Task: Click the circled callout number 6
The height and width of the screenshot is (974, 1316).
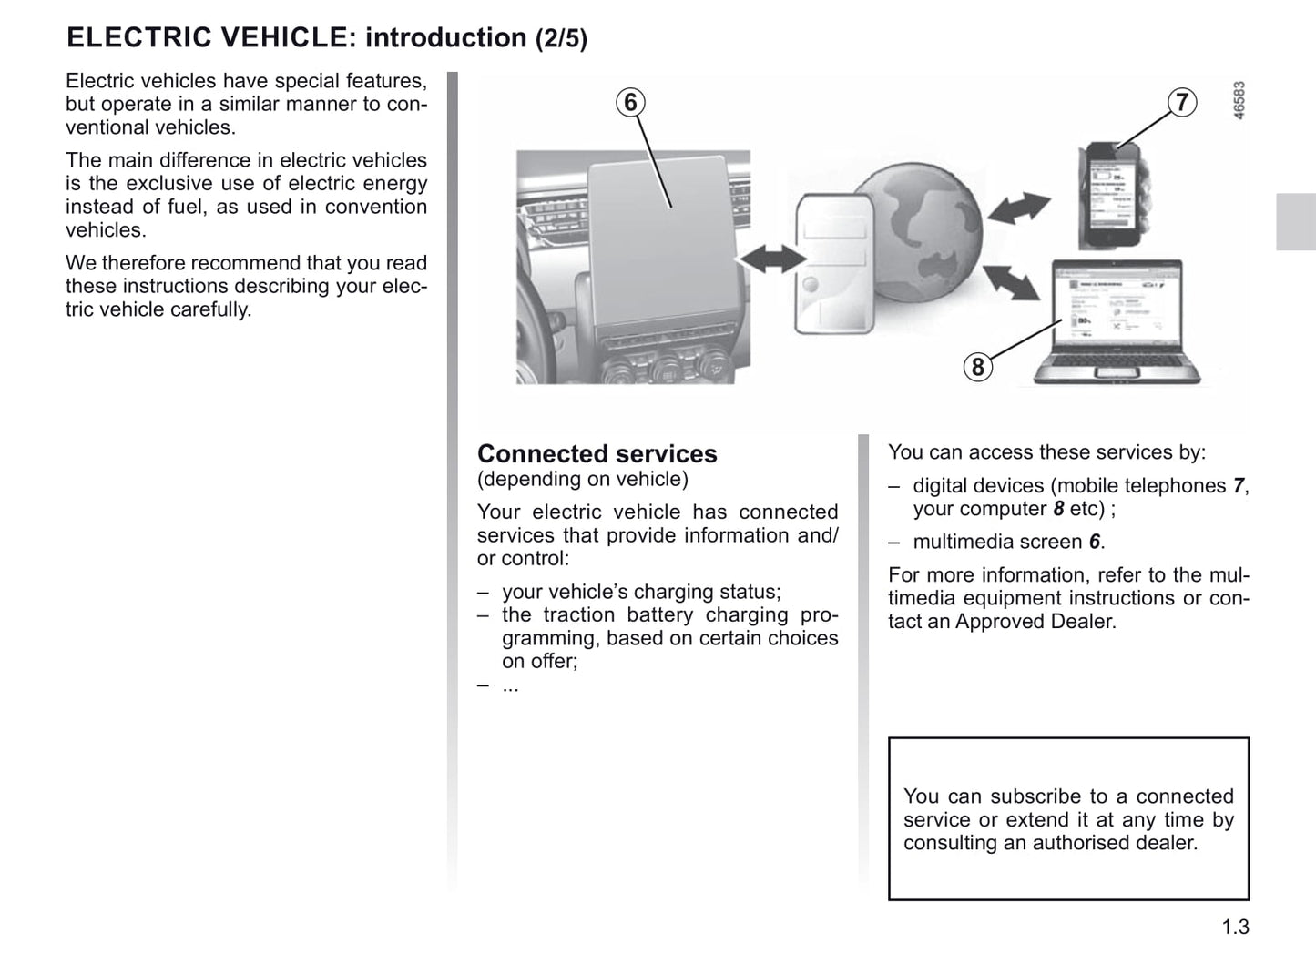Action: (x=629, y=102)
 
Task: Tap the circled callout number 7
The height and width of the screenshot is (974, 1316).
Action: (x=1181, y=102)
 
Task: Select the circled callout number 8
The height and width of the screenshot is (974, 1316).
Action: (x=977, y=367)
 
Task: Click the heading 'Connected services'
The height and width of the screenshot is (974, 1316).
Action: (x=597, y=453)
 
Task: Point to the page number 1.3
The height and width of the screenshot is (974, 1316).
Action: (x=1235, y=928)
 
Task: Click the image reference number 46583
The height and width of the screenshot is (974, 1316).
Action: (x=1239, y=101)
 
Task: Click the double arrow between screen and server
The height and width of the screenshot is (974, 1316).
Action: (x=770, y=261)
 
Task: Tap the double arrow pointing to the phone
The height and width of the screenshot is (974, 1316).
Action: (x=1018, y=208)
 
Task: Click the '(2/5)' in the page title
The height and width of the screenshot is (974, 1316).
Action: (x=561, y=39)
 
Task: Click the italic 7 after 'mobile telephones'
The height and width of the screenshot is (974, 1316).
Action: (x=1239, y=486)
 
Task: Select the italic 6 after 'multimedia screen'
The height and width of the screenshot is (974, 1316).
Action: (x=1095, y=543)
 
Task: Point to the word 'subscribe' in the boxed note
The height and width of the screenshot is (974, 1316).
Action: (x=1032, y=796)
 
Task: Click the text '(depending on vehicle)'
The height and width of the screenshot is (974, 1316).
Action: (x=583, y=480)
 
